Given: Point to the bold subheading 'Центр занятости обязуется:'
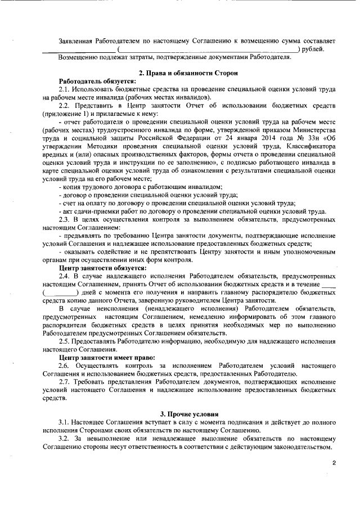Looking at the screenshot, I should pyautogui.click(x=103, y=268).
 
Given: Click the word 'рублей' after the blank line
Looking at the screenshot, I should pyautogui.click(x=313, y=49).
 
